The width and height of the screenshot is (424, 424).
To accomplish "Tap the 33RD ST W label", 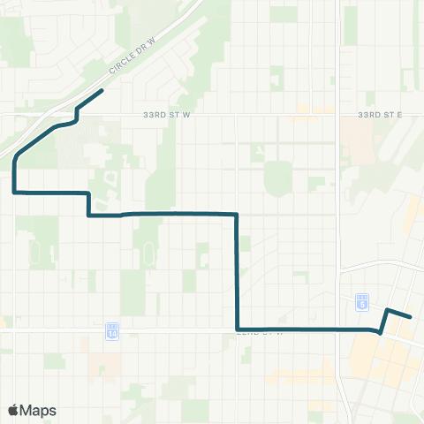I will click(161, 115).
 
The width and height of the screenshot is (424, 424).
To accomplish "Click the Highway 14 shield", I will click(112, 330).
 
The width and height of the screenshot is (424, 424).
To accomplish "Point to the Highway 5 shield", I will click(362, 302).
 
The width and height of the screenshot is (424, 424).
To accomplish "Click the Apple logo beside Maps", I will click(14, 410).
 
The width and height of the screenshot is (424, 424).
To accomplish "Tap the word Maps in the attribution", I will click(39, 410).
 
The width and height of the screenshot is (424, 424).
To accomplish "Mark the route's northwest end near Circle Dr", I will click(102, 91).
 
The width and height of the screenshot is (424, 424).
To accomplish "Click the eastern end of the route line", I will click(411, 316).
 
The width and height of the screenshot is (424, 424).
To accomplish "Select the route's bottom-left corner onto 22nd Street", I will click(238, 329).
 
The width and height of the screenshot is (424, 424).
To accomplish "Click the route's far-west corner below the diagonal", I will click(15, 191).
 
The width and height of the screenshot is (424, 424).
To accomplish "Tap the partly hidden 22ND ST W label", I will click(261, 333).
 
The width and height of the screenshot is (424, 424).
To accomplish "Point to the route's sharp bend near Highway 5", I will click(380, 332).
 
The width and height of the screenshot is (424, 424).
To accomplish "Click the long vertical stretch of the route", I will click(237, 269).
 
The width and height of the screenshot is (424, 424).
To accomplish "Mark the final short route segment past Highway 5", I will click(399, 313).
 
